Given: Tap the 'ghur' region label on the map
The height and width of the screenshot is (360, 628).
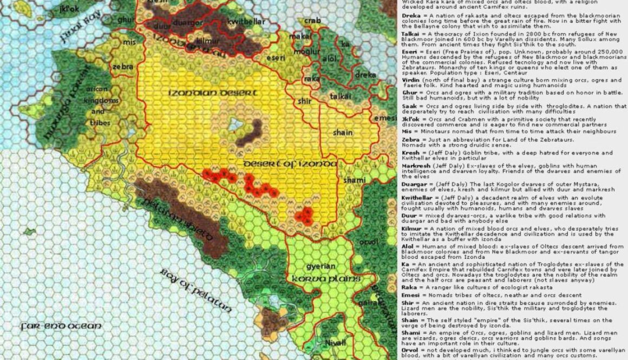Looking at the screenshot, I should pyautogui.click(x=125, y=20).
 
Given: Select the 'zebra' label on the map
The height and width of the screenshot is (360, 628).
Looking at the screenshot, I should pyautogui.click(x=123, y=67).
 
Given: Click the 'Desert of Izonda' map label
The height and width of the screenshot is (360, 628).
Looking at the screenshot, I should pyautogui.click(x=290, y=163).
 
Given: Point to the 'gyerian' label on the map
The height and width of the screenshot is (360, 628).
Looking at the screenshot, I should pyautogui.click(x=319, y=267).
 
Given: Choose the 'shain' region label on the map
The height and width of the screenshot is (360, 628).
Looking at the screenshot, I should pyautogui.click(x=343, y=133).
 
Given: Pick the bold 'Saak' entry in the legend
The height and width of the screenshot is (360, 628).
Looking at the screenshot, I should pyautogui.click(x=409, y=107).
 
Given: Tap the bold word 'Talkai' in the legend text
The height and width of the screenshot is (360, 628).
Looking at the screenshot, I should pyautogui.click(x=411, y=33).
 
